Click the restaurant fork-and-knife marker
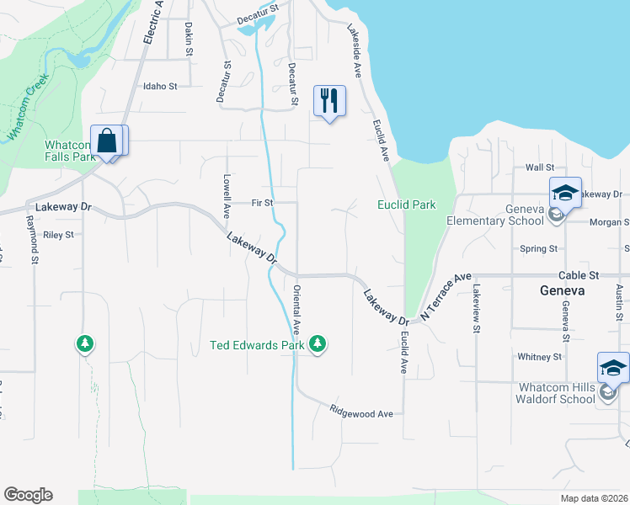coord(329,101)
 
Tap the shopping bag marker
coord(108,141)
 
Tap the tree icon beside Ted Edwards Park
coord(318,343)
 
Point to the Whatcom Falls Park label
coord(70,150)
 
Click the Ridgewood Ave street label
coord(361,412)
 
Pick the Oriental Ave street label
coord(296,310)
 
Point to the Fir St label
coord(262,203)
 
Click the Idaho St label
coord(160,86)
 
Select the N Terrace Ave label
coord(446,297)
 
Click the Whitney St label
coord(539,357)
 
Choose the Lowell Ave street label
coord(227,195)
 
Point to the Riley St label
coord(58,235)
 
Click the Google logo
coord(28,495)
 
